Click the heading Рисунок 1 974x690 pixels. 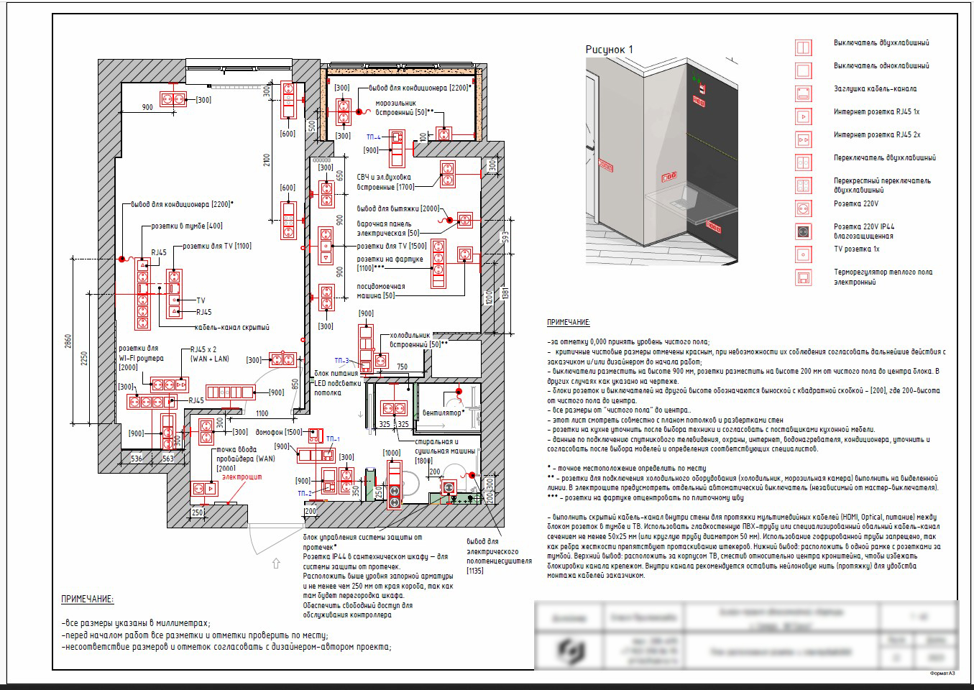609,50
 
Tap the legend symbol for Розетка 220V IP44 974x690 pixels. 803,231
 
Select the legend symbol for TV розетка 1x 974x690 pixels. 803,254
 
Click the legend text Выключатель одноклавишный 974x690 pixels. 881,66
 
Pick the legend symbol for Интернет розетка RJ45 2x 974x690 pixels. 803,139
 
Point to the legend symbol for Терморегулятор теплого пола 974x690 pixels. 803,277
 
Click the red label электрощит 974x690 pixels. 242,477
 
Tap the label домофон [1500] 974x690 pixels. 279,433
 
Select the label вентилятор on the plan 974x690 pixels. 441,413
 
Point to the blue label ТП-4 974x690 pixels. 373,137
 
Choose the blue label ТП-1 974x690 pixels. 333,438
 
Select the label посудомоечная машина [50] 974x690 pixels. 381,291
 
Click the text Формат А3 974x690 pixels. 942,673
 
